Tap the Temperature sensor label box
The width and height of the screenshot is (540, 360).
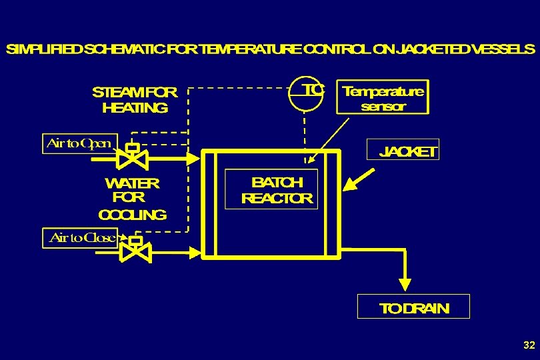pyautogui.click(x=383, y=98)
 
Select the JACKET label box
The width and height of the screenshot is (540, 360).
pyautogui.click(x=404, y=151)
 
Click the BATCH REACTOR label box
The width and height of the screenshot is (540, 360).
pyautogui.click(x=271, y=189)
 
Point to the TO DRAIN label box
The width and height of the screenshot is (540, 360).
pyautogui.click(x=413, y=307)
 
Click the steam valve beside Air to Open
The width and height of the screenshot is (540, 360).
pyautogui.click(x=133, y=158)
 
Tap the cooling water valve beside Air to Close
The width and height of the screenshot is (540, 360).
pyautogui.click(x=135, y=251)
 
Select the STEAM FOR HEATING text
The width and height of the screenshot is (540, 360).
pyautogui.click(x=135, y=100)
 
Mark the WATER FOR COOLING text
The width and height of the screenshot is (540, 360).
pyautogui.click(x=132, y=198)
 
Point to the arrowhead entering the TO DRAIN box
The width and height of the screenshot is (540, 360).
pyautogui.click(x=404, y=285)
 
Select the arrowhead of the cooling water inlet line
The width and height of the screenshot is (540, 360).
pyautogui.click(x=195, y=252)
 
